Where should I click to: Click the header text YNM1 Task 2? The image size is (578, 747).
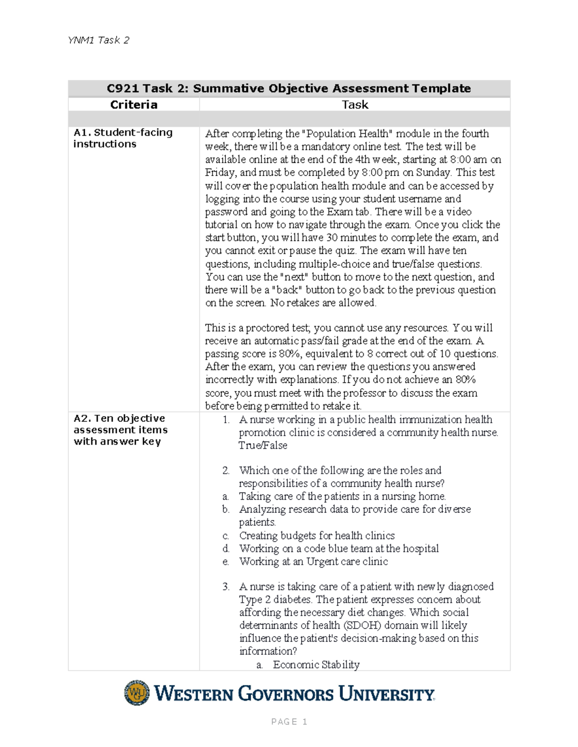pos(98,40)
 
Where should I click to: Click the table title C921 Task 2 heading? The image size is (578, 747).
pos(289,89)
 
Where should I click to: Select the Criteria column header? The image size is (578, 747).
pos(133,105)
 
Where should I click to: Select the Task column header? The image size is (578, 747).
pos(355,105)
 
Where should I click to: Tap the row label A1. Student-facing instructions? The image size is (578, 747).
pos(122,138)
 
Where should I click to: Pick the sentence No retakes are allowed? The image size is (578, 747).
pos(323,303)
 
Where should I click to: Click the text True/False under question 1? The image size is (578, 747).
pos(263,445)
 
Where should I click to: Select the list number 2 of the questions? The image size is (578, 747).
pos(225,470)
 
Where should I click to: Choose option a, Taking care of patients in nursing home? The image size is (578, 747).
pos(342,496)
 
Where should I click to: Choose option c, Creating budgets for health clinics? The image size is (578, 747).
pos(316,535)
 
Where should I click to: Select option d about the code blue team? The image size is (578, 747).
pos(339,548)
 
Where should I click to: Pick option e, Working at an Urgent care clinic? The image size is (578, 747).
pos(313,561)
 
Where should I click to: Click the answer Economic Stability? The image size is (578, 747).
pos(316,664)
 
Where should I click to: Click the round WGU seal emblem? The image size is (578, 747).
pos(137,693)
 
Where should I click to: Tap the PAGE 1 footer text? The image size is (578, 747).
pos(289,722)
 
